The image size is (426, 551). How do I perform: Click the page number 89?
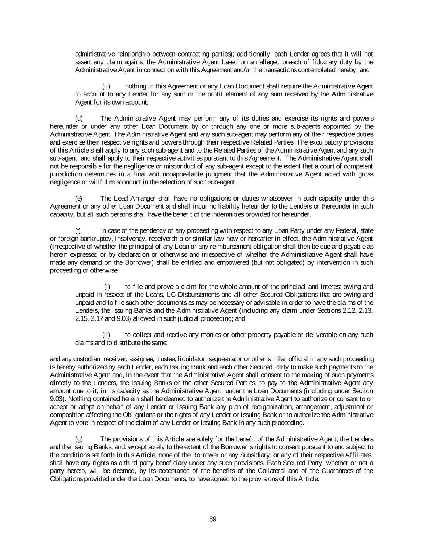click(x=213, y=519)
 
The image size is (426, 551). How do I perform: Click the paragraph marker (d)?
click(x=79, y=118)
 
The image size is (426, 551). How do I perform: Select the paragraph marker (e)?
click(x=79, y=198)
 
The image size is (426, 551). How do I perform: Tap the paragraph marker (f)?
click(x=78, y=230)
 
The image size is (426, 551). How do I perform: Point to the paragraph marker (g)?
click(x=79, y=439)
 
